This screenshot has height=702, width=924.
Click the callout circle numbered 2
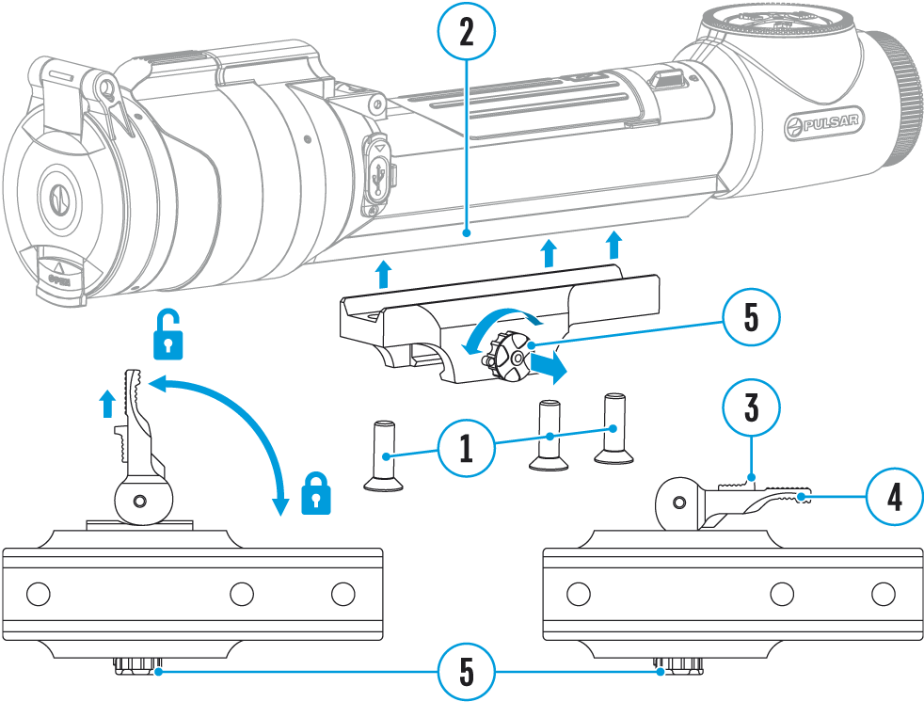[466, 34]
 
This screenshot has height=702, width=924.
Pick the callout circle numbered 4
[894, 497]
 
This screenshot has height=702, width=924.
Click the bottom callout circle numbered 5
[466, 672]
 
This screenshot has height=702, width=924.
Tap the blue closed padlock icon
[316, 493]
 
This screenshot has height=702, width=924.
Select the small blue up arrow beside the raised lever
[108, 404]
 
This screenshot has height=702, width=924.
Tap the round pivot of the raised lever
[141, 498]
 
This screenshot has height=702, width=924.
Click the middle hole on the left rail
[242, 593]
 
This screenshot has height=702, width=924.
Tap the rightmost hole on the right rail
[882, 593]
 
